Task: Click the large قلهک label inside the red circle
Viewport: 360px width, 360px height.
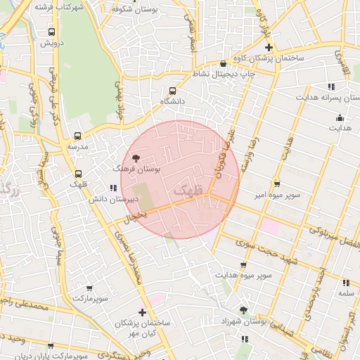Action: pos(186,190)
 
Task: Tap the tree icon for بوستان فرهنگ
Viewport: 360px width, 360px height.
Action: pos(135,158)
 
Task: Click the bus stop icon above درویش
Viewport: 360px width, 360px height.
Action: pos(51,32)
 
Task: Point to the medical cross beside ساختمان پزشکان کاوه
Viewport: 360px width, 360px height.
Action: pos(268,47)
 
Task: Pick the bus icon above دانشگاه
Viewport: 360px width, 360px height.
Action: pos(173,90)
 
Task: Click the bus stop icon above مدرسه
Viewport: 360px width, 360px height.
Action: pos(77,136)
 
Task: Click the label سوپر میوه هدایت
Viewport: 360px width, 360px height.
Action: pos(243,275)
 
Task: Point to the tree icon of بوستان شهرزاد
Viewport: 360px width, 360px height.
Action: pos(243,309)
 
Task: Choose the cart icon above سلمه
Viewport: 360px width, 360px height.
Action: pos(345,281)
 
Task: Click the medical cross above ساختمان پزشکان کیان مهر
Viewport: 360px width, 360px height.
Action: pos(142,311)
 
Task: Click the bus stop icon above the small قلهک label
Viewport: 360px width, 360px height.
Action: pos(77,174)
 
